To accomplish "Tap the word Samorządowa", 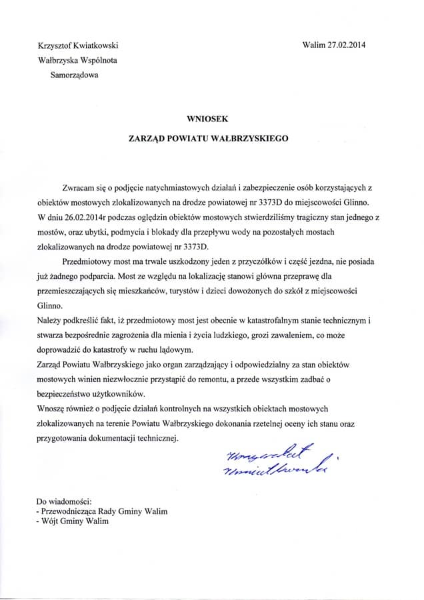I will point(74,76).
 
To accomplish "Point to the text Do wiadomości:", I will point(64,500).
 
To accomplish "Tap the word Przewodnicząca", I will point(69,511).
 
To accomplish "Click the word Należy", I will point(49,321).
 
